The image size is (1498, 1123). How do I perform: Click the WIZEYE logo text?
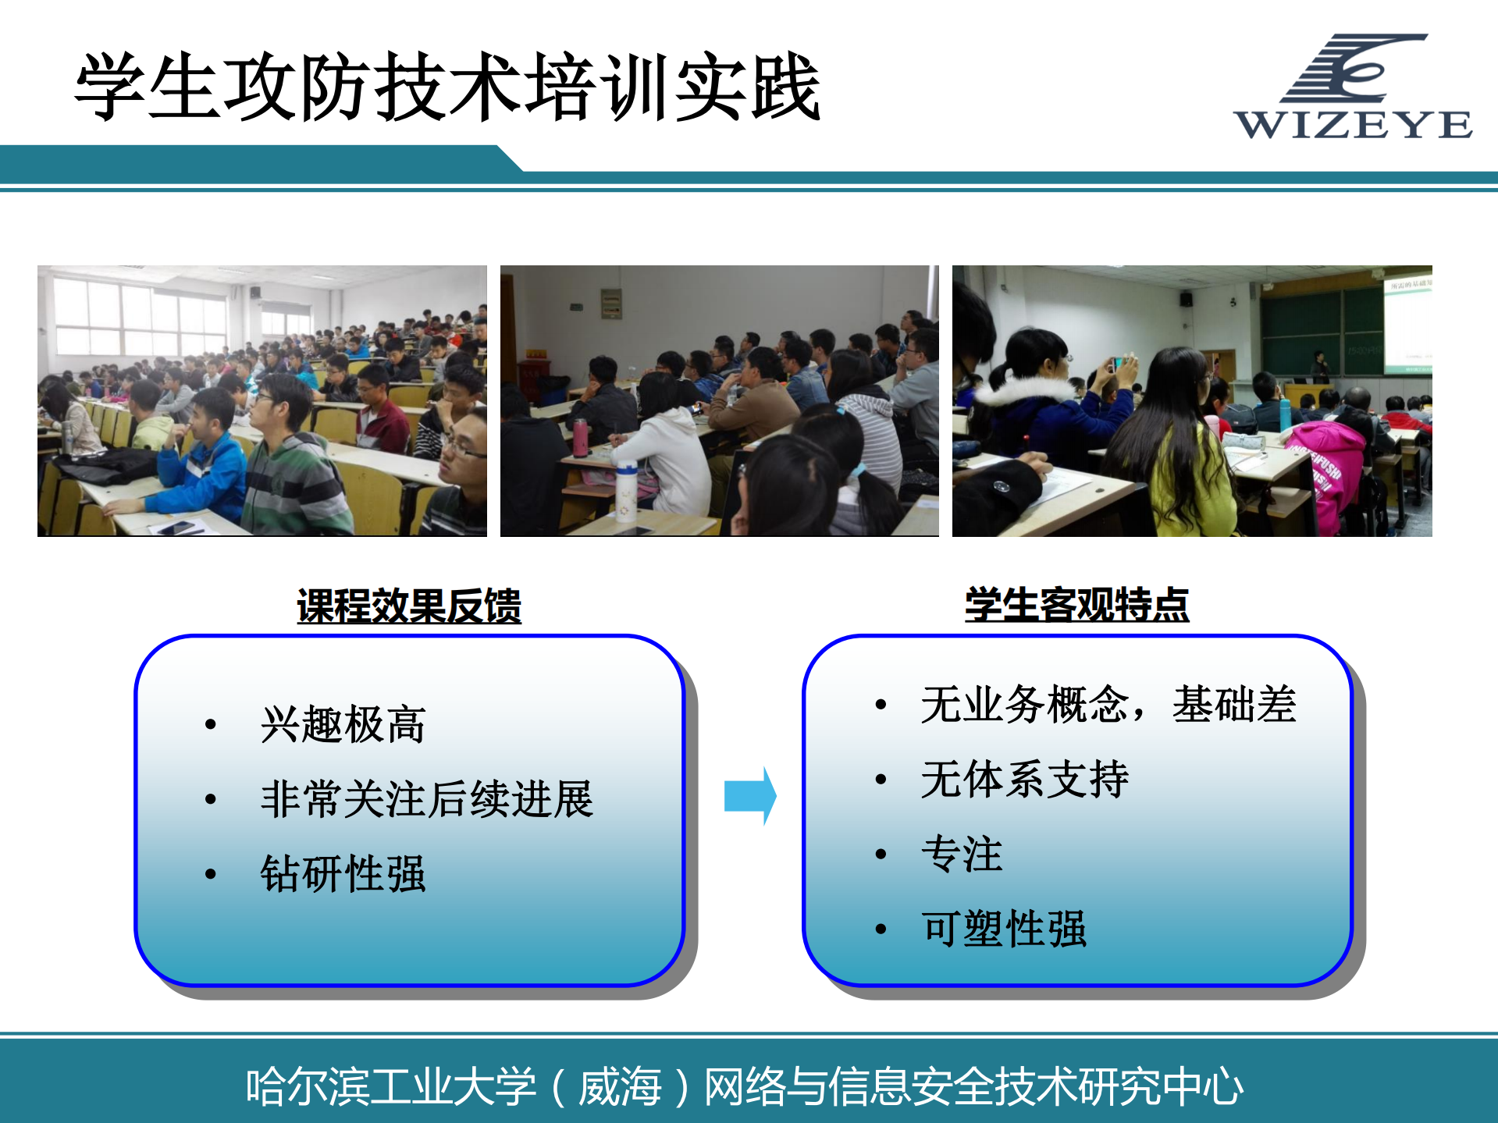[x=1353, y=125]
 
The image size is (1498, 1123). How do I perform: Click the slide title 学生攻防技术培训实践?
[x=447, y=87]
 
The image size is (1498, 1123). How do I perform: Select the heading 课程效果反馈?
[x=408, y=606]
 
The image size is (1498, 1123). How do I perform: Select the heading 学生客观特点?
[x=1076, y=605]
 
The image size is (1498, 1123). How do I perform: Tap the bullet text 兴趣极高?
[x=343, y=724]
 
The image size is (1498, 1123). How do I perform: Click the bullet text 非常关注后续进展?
[x=426, y=799]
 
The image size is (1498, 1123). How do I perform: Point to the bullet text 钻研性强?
[x=343, y=873]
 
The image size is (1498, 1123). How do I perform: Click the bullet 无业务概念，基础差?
[x=1108, y=704]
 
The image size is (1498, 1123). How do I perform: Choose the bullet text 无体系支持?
[x=1024, y=779]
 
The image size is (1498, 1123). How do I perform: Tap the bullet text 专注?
[x=962, y=854]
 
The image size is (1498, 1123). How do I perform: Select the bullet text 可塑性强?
[x=1004, y=929]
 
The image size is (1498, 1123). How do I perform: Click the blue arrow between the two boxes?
[x=749, y=796]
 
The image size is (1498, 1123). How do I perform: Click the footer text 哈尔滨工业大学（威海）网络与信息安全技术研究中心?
[x=744, y=1086]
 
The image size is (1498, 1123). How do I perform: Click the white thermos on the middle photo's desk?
[x=626, y=490]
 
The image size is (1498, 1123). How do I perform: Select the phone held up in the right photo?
[x=1119, y=363]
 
